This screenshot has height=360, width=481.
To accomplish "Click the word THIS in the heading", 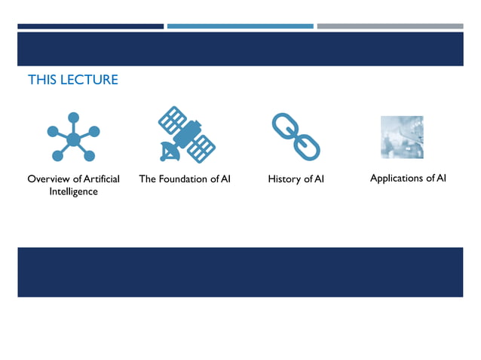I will tap(42, 80).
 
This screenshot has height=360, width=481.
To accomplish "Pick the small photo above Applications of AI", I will tap(402, 137).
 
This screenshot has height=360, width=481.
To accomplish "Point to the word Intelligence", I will tap(73, 192).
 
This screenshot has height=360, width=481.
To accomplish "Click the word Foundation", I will tap(182, 179).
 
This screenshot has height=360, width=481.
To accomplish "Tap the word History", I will tap(284, 179).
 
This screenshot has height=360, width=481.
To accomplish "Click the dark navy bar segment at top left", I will tap(90, 26).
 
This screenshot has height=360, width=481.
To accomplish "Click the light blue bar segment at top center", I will tap(240, 26).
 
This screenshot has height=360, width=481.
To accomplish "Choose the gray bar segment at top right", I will tap(390, 26).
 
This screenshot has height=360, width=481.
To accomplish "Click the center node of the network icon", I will tap(73, 139).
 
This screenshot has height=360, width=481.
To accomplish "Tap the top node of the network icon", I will tap(73, 117).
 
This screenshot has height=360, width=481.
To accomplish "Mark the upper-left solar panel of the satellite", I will tap(173, 119).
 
